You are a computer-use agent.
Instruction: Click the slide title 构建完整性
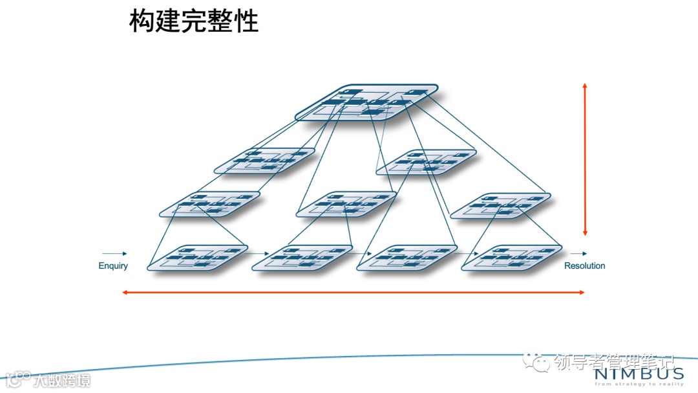(194, 21)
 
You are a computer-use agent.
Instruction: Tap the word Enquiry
(113, 265)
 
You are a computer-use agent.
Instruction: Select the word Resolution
(584, 265)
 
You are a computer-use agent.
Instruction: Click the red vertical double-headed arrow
(585, 159)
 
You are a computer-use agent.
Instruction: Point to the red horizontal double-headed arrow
(354, 293)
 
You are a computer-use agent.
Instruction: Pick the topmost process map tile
(366, 102)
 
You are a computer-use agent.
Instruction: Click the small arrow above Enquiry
(114, 254)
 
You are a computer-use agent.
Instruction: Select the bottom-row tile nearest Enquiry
(198, 256)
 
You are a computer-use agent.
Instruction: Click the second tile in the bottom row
(302, 256)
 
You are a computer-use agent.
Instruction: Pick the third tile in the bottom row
(407, 256)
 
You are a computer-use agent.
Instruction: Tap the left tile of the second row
(264, 161)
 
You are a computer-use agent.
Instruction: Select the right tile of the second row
(427, 162)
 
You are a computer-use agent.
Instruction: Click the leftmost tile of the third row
(210, 203)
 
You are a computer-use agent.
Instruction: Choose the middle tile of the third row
(346, 203)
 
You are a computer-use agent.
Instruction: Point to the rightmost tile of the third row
(500, 205)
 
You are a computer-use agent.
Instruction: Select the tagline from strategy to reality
(639, 384)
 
